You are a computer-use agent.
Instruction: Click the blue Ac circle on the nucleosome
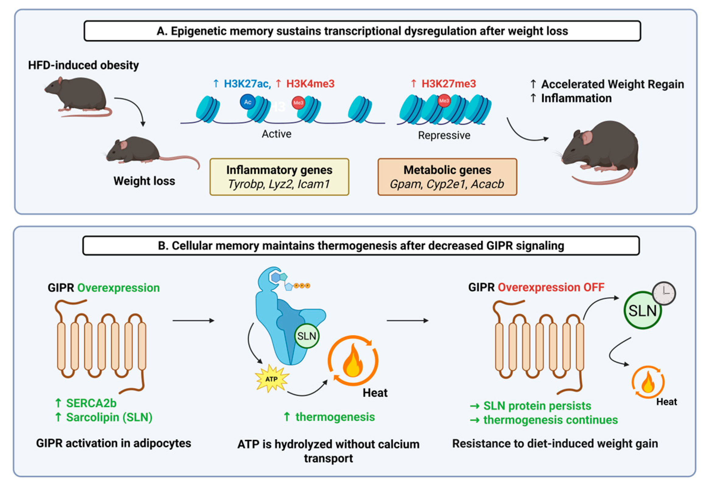(x=247, y=102)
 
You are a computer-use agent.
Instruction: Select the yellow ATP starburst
(x=271, y=378)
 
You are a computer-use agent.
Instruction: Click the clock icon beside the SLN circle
(x=664, y=293)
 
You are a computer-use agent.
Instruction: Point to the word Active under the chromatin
(x=276, y=134)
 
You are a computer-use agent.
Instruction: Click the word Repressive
(x=444, y=135)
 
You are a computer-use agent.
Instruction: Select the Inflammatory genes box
(x=279, y=177)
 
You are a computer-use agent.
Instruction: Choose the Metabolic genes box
(x=447, y=177)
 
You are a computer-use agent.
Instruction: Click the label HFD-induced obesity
(x=83, y=65)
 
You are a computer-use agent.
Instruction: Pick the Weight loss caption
(x=144, y=181)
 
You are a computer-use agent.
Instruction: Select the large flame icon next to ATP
(x=353, y=360)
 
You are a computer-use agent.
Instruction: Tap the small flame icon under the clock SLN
(x=648, y=382)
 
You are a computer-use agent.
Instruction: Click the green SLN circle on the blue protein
(x=306, y=336)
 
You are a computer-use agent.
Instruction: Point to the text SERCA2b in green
(x=91, y=403)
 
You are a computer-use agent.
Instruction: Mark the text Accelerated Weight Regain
(x=612, y=84)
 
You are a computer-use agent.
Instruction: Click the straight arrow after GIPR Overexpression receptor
(x=193, y=320)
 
